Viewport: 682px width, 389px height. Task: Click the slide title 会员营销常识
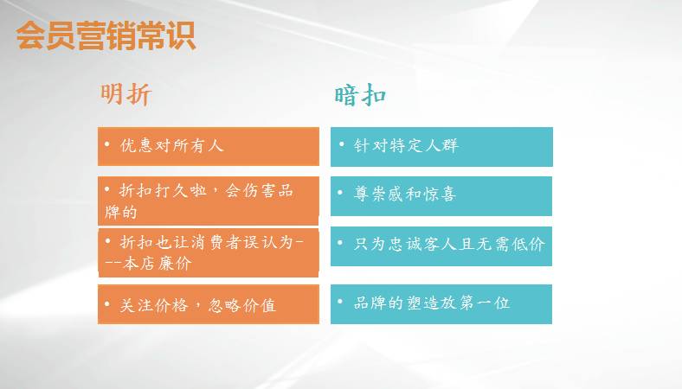click(106, 36)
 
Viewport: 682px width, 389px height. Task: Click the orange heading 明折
click(126, 93)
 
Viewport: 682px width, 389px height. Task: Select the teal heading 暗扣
click(360, 94)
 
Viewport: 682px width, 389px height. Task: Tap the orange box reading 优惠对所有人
click(208, 145)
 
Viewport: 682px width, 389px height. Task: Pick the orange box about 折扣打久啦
click(208, 200)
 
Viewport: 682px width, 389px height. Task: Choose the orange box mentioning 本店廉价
click(208, 252)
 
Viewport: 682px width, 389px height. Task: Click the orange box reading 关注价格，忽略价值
click(208, 304)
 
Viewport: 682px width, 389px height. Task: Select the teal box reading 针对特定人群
click(441, 146)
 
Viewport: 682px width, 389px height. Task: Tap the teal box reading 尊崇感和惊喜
click(441, 195)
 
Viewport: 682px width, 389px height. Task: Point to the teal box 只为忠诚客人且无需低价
click(441, 246)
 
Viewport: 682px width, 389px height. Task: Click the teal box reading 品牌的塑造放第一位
click(441, 303)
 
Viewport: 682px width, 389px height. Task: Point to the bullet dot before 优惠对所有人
click(107, 145)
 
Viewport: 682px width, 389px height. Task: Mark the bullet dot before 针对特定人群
click(342, 144)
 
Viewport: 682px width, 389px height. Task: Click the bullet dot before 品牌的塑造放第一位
click(342, 302)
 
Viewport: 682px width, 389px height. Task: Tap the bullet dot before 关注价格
click(107, 304)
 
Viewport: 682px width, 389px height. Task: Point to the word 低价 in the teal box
click(528, 245)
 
